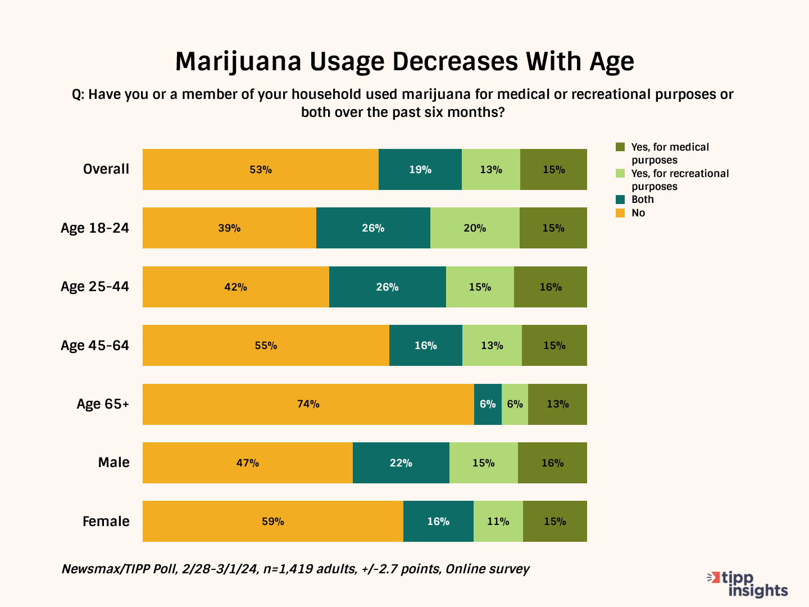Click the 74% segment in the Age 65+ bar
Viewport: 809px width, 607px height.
[308, 404]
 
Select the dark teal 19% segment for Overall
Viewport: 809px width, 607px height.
[420, 170]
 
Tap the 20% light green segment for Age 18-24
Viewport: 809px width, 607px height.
[475, 228]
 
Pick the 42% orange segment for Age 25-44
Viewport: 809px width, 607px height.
[235, 287]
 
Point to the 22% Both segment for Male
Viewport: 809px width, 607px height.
[401, 463]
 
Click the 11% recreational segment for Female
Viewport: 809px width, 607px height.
[498, 522]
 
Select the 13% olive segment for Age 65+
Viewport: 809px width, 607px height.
[557, 404]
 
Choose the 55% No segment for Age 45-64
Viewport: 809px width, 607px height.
[266, 346]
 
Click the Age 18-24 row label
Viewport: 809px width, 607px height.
[95, 228]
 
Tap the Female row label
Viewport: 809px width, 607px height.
[106, 522]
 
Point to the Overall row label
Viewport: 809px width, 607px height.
[106, 169]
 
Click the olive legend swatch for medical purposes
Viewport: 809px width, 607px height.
[620, 147]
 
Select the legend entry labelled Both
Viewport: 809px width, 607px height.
[642, 200]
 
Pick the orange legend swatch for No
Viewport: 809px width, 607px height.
[620, 213]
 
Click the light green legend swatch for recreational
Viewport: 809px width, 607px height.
[620, 174]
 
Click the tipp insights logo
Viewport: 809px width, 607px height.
[748, 585]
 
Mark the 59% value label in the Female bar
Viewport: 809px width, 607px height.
[273, 522]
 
